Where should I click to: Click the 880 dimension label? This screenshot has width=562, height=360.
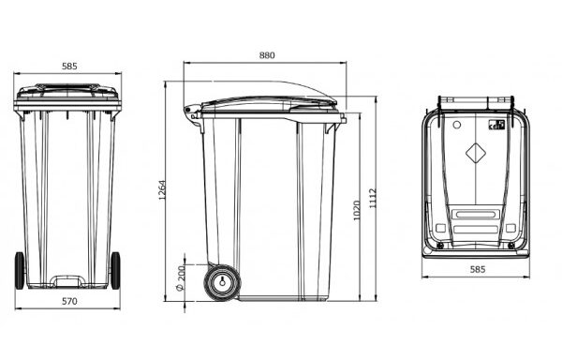click(x=267, y=55)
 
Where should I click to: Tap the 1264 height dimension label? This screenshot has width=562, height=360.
click(x=162, y=189)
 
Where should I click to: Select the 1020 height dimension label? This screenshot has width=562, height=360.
click(x=357, y=211)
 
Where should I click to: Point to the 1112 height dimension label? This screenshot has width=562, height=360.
click(x=373, y=199)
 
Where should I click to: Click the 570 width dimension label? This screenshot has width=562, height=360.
click(x=69, y=301)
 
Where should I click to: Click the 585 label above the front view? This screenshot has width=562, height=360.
click(x=69, y=66)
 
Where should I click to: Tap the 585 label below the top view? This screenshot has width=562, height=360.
click(x=478, y=269)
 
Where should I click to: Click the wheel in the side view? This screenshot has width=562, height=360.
click(x=222, y=282)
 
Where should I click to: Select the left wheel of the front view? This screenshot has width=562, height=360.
click(x=20, y=270)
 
